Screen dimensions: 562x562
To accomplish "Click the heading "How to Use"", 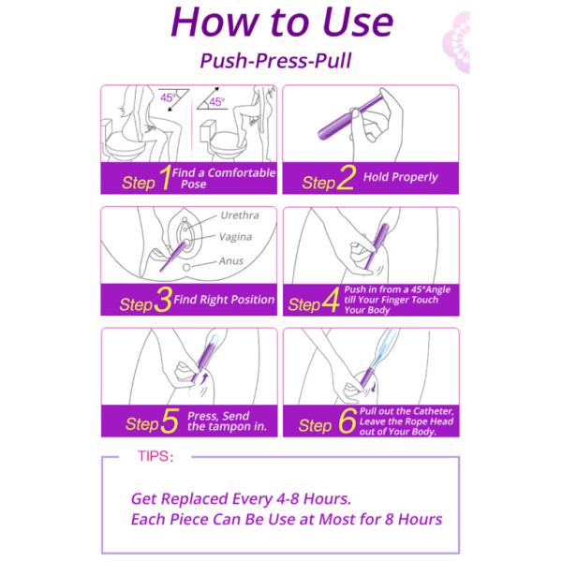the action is point(282,22).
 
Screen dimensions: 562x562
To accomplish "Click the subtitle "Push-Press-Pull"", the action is point(275,61).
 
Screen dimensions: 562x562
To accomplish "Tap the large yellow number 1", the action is point(165,177).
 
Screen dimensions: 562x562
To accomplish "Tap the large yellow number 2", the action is point(346,177).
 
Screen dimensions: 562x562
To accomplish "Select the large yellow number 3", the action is point(163,300).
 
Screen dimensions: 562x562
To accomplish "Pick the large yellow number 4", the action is point(331,300).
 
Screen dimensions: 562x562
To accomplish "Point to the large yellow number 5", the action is point(170,421).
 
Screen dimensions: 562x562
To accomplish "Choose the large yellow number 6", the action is point(348,421).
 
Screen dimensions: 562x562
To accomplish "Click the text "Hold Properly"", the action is point(400,177).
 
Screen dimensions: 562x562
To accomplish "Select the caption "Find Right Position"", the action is point(224,300).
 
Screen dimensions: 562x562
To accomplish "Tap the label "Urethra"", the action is point(240,215).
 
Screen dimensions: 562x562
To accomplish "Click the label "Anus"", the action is point(231,260).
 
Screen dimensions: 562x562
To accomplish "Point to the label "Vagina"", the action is point(235,237).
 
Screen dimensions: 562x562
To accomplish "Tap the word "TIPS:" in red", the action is point(155,456).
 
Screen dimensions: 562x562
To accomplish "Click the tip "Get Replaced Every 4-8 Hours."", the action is point(242,498).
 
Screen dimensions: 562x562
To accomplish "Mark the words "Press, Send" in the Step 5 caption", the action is point(218,416).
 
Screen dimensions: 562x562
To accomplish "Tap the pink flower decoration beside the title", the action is point(457,42).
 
